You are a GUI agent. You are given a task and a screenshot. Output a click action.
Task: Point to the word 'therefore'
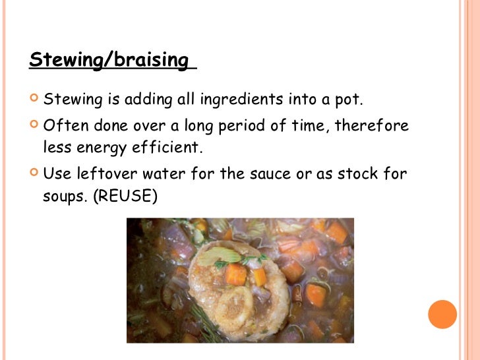(372, 125)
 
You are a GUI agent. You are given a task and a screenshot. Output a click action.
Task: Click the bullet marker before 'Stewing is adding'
(34, 100)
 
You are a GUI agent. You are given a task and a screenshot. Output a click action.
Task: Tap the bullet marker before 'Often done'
(34, 125)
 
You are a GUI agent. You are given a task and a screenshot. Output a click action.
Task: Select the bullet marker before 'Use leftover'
(34, 173)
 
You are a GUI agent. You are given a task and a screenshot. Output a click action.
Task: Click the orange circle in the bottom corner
(442, 314)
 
